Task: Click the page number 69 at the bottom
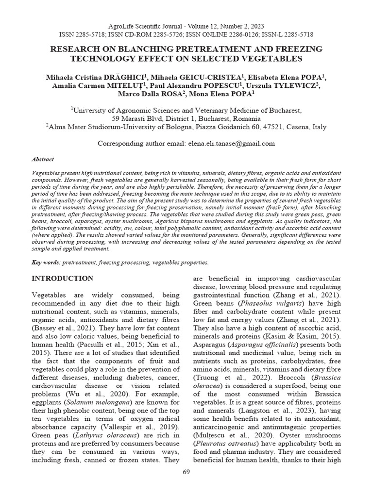point(186,473)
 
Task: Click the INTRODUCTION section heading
point(63,279)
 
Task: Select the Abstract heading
point(43,159)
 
